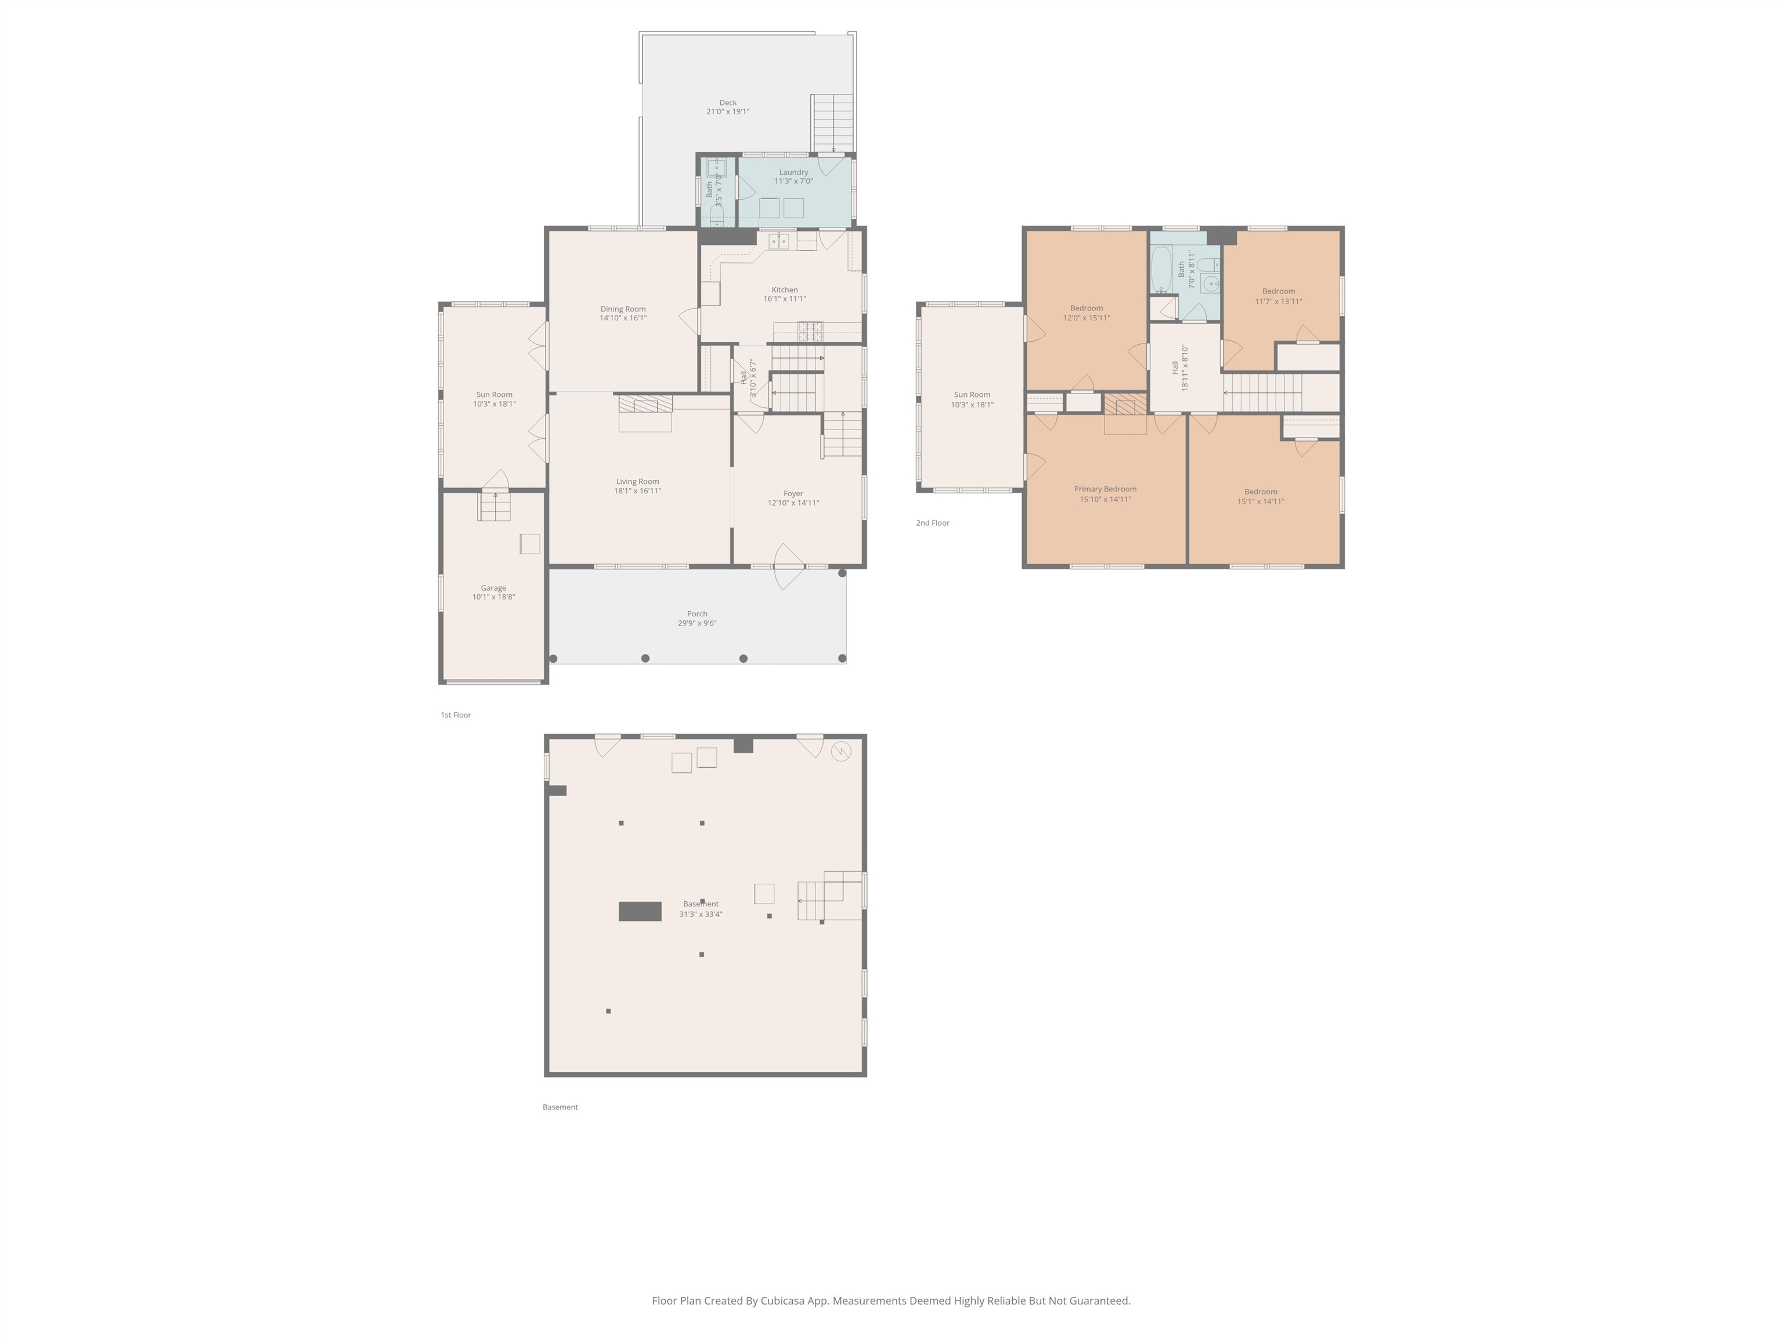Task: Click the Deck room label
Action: pos(728,102)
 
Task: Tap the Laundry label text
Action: pos(793,172)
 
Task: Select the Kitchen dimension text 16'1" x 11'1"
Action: pos(784,299)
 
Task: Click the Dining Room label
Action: pos(623,309)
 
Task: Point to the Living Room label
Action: pos(638,481)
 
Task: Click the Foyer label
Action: pos(793,494)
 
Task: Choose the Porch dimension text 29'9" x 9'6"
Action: pos(697,623)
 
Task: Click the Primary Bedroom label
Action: pos(1105,489)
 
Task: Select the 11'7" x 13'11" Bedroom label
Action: pos(1279,291)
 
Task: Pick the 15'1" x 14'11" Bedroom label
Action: pos(1261,492)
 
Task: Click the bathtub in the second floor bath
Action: pos(1161,269)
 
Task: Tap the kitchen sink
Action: pos(778,241)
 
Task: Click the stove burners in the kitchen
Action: pos(810,330)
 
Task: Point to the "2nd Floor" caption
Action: pos(933,523)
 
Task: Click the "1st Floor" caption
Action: pos(456,715)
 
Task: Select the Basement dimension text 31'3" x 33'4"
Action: pos(701,914)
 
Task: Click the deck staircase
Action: pos(832,122)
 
